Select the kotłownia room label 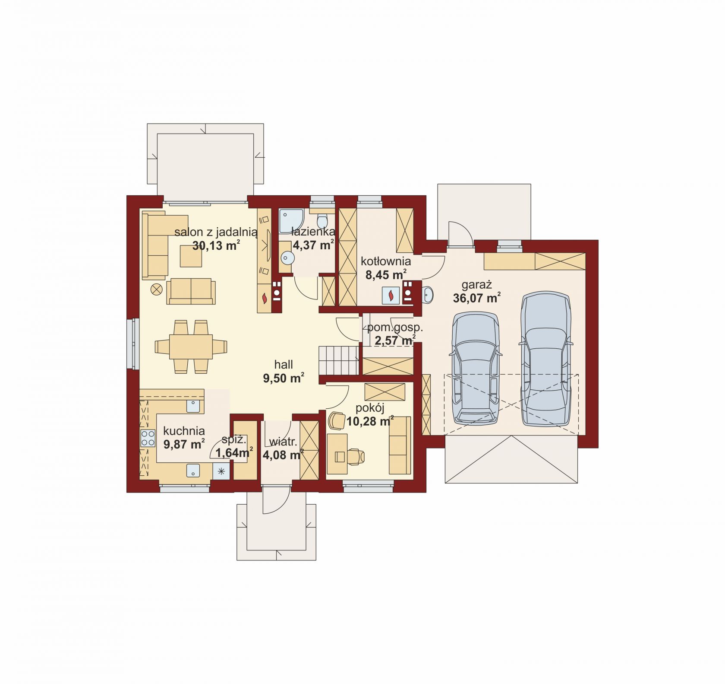click(386, 261)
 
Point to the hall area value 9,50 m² click(284, 379)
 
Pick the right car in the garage click(546, 359)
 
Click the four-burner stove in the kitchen click(148, 438)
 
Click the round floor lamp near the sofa click(156, 290)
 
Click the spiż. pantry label click(234, 440)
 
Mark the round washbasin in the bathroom click(287, 258)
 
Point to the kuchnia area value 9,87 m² click(184, 444)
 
